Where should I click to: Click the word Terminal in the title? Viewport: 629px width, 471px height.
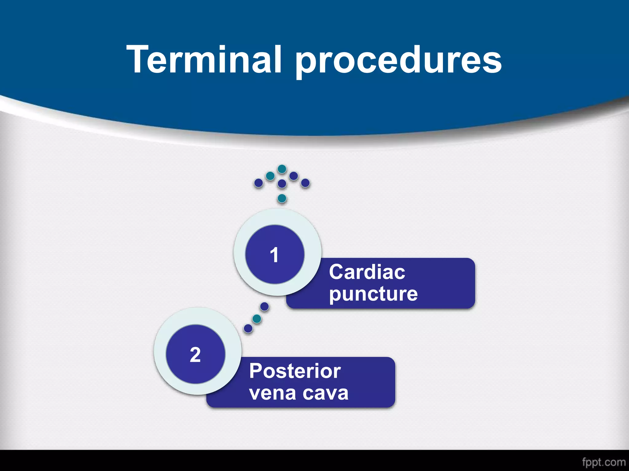click(204, 59)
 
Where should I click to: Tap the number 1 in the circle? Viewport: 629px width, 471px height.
click(274, 255)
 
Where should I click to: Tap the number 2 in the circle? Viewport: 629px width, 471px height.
click(195, 355)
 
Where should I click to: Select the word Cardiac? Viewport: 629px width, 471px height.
click(367, 272)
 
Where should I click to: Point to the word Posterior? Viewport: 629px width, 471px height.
click(295, 371)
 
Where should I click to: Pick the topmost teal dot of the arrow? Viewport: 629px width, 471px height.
click(282, 169)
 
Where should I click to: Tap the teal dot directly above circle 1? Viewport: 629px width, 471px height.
click(282, 198)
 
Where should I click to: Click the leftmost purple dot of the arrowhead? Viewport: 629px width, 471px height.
click(259, 183)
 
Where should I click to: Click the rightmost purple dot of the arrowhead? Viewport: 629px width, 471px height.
click(305, 183)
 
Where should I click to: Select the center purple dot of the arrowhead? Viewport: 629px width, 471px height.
click(282, 184)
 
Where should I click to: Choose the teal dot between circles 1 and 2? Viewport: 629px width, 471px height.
click(257, 319)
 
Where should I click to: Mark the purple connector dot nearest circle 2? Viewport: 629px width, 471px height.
click(248, 328)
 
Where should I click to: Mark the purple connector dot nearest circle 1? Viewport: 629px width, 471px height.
click(264, 306)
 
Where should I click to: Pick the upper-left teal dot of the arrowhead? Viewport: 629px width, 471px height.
click(270, 176)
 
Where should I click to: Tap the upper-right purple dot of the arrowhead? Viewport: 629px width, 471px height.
click(294, 176)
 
